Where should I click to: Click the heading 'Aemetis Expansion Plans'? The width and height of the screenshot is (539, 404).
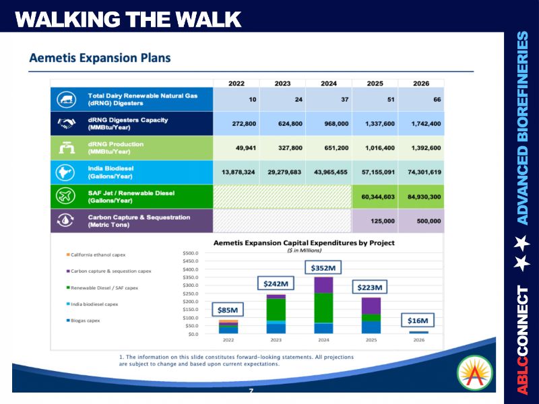(100, 58)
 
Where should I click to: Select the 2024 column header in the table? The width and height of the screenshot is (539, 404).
(328, 83)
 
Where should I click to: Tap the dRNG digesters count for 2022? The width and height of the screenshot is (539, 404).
(252, 100)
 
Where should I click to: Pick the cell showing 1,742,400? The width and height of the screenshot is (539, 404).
(422, 124)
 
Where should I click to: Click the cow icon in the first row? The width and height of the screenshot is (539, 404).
(66, 100)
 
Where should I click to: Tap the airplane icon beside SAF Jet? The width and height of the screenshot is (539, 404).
(66, 197)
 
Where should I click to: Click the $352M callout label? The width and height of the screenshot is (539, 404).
(323, 267)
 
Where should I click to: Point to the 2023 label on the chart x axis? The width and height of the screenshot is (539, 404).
(276, 341)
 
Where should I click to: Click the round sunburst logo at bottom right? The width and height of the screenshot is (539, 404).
(474, 372)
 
